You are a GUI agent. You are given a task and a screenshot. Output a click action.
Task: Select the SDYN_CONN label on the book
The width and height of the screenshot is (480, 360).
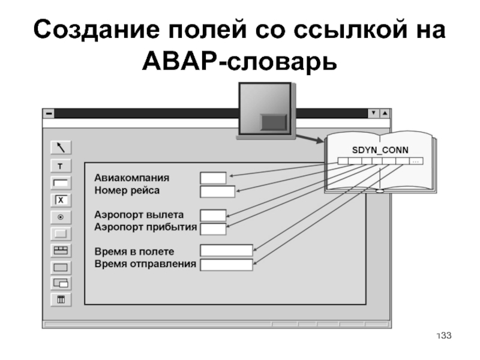coord(379,149)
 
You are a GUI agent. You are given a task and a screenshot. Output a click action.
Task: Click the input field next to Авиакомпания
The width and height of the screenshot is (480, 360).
coord(213,178)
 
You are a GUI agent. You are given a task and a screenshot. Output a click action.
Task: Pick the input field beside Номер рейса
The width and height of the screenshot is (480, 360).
coord(217,191)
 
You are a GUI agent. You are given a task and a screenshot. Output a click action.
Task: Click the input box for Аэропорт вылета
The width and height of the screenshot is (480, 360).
coord(213,215)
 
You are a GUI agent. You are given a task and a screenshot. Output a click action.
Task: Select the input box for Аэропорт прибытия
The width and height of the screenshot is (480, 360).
coord(213,228)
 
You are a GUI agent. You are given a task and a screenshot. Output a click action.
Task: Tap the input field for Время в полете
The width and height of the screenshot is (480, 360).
coord(226,250)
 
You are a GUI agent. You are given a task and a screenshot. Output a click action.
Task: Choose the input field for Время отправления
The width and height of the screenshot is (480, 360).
coord(226,264)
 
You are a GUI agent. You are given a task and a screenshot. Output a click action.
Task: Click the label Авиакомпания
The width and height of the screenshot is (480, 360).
coord(131,178)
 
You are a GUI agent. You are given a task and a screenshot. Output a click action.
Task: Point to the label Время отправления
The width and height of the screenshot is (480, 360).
coord(145,264)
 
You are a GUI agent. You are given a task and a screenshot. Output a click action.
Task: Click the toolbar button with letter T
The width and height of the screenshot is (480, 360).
coord(62,166)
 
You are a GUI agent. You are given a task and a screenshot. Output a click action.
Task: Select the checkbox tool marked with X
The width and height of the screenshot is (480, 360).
coord(62,200)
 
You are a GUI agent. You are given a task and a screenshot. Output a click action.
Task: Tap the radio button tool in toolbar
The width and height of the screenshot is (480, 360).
coord(62,217)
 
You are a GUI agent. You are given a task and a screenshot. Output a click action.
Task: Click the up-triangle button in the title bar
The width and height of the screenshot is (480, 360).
coord(385,113)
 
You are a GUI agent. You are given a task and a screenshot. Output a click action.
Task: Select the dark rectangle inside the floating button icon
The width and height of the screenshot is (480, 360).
coord(274,122)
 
